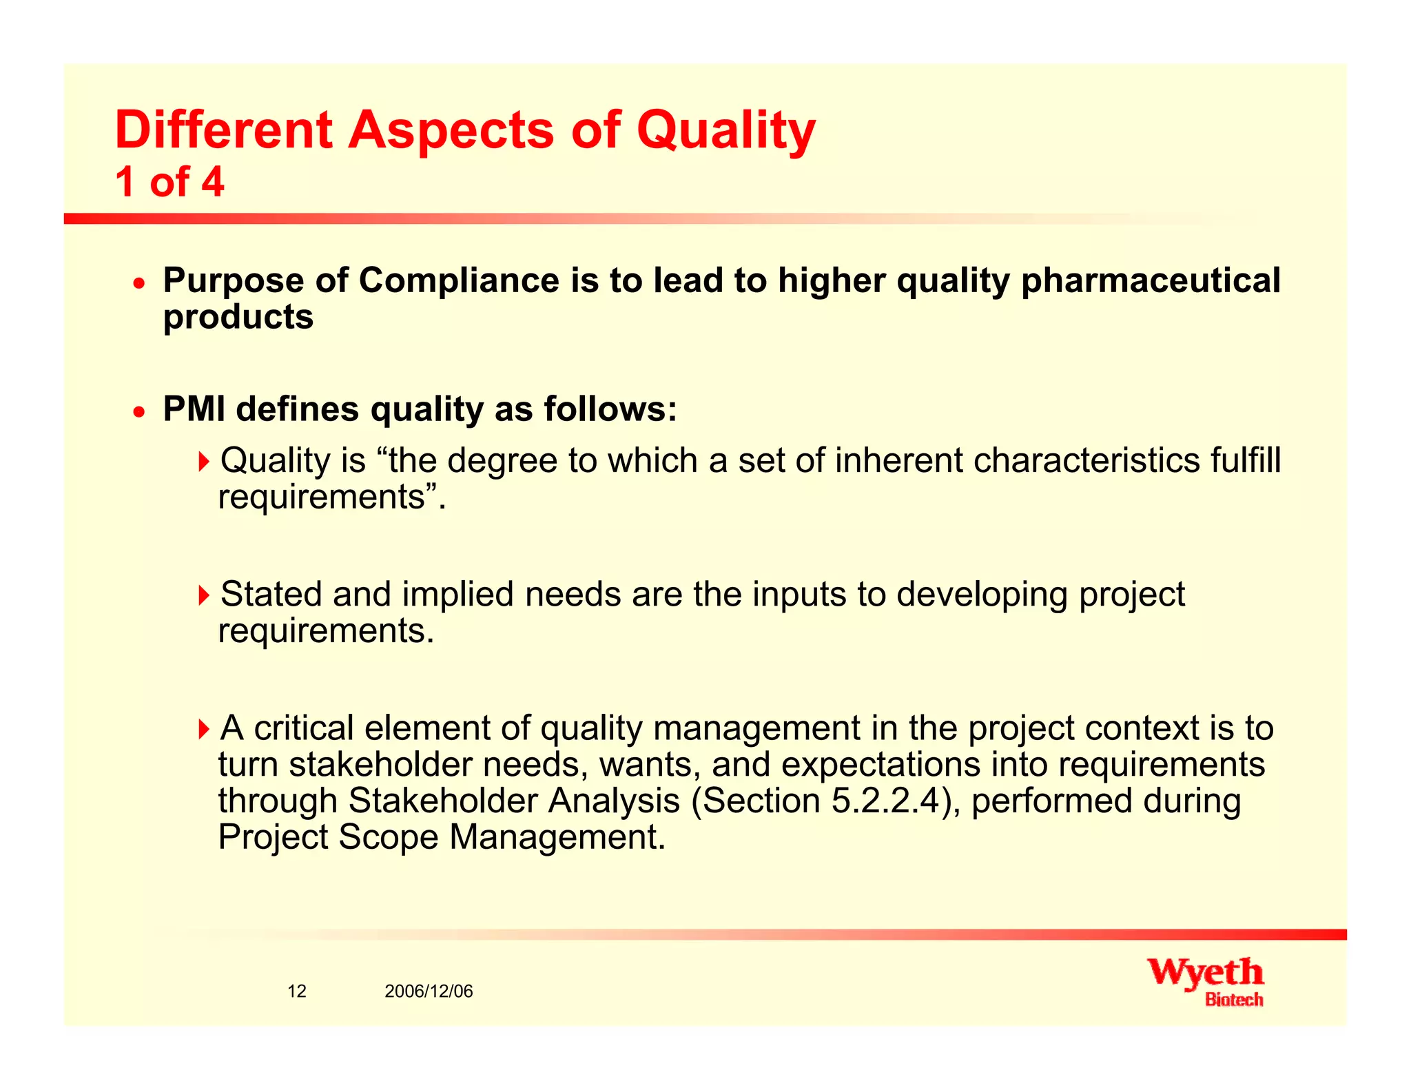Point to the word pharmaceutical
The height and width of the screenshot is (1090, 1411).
pos(1150,281)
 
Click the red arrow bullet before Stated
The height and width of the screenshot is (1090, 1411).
pos(203,594)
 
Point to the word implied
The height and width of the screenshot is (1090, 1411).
pos(457,594)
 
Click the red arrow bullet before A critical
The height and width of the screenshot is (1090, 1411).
pos(203,728)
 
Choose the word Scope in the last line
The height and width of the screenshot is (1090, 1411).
pos(388,838)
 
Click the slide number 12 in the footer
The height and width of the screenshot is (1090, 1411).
pos(297,991)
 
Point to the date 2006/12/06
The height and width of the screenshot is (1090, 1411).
pos(429,991)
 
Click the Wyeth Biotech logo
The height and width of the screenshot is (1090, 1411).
pos(1206,982)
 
